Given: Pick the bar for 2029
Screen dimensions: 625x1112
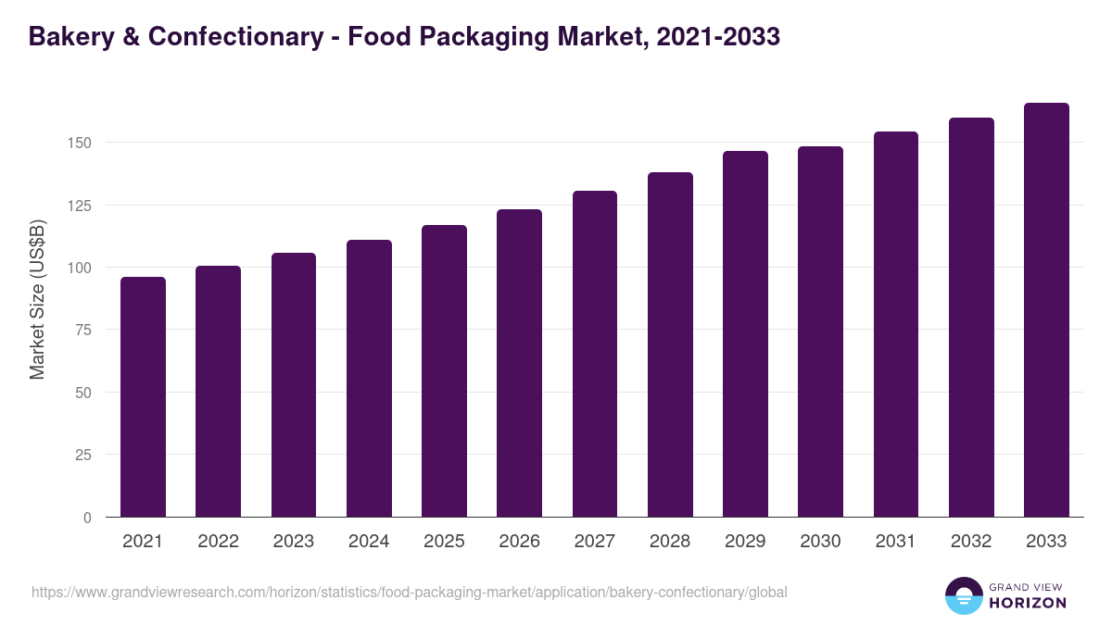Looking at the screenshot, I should (745, 333).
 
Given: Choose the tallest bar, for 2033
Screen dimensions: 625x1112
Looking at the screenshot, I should (1046, 309).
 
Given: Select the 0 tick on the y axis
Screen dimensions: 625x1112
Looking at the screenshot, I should (87, 517).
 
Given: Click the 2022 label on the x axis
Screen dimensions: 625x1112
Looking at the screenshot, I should (218, 542).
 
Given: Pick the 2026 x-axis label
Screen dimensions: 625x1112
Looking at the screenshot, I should (519, 542).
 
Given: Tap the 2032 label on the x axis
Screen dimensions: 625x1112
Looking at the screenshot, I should (971, 542).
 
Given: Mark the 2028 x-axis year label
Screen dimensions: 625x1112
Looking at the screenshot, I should (670, 542).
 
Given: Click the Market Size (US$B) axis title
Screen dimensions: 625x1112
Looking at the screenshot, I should (37, 298).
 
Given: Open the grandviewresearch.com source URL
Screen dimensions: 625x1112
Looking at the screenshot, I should (409, 592).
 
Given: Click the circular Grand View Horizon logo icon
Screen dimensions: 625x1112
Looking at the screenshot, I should (963, 596).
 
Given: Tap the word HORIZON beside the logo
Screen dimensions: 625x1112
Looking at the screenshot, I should (1026, 603).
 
